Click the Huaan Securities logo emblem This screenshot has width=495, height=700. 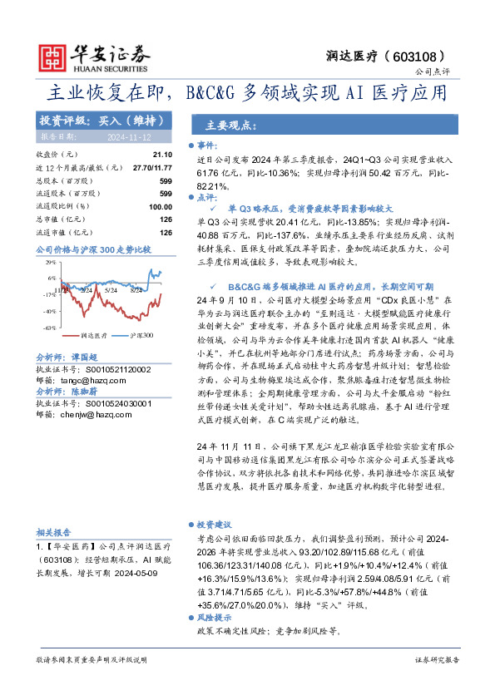click(x=53, y=55)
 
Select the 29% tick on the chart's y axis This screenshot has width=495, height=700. click(x=50, y=262)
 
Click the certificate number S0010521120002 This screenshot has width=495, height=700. click(x=116, y=368)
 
